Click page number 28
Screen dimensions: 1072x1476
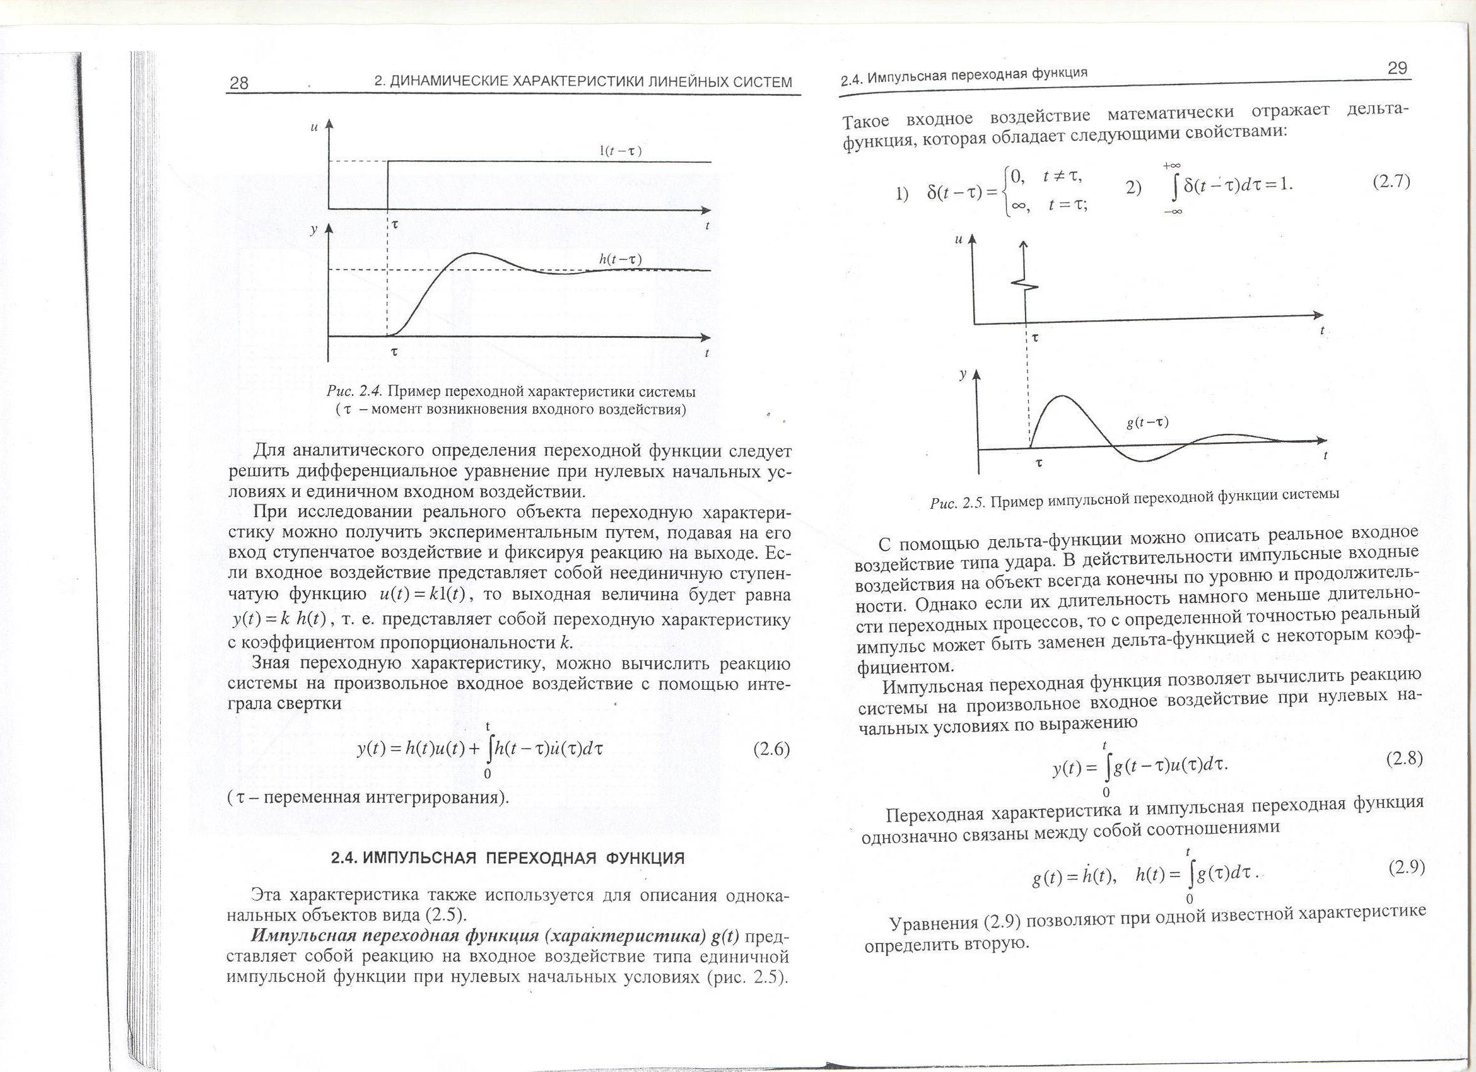(x=239, y=83)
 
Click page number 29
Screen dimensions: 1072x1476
(x=1397, y=68)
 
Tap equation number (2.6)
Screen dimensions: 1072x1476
(x=771, y=749)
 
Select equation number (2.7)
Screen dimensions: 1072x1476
(x=1391, y=182)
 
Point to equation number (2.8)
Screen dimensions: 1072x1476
(x=1405, y=759)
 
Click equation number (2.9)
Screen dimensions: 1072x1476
(x=1407, y=867)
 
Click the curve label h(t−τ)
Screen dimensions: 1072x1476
(x=619, y=260)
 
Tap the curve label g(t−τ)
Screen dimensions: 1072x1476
(x=1147, y=422)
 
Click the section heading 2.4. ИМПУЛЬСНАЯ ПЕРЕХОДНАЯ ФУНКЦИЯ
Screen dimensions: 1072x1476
(x=508, y=858)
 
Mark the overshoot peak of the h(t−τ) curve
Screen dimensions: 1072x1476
(x=470, y=253)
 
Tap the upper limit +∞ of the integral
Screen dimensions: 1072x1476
(x=1172, y=166)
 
